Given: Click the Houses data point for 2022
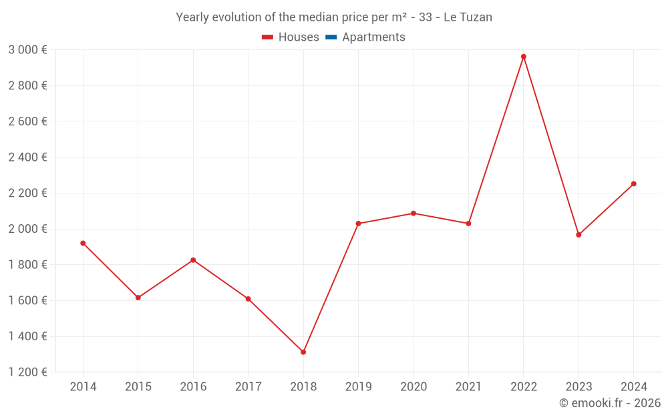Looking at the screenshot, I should pos(524,57).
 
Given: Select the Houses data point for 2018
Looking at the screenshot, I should pos(303,352).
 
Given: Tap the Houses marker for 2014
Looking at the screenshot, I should pos(83,244).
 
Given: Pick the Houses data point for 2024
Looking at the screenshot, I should pos(634,183).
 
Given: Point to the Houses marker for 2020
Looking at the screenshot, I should pos(413,214).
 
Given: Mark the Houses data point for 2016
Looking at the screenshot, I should pos(193,260).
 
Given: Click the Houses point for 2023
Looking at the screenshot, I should pos(578,235).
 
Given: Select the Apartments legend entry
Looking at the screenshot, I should pos(373,37).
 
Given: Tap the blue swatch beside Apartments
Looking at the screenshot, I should pos(331,37).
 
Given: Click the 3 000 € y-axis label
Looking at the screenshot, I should pos(27,50).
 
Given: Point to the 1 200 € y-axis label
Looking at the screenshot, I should pos(27,372).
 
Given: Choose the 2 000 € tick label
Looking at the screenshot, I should pos(27,229).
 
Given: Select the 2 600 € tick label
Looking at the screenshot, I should pos(27,121).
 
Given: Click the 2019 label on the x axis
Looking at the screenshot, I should pos(358,387).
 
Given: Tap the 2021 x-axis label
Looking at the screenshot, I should pos(468,387).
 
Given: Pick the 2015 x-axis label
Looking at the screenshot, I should pos(138,387).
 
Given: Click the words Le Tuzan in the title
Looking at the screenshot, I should pos(468,17).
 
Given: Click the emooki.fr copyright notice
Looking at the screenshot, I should pos(610,403).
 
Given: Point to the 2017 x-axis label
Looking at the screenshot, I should pos(248,387).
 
